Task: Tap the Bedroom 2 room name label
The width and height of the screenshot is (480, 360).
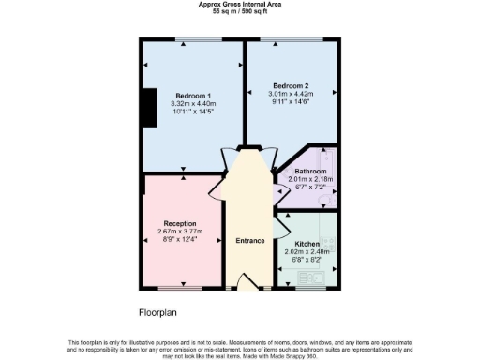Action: point(291,85)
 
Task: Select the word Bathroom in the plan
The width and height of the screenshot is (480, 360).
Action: point(310,172)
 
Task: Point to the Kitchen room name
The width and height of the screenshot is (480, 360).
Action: point(307,243)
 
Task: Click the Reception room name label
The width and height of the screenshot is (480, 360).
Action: point(179,223)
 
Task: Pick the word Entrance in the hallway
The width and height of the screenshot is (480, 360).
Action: point(249,240)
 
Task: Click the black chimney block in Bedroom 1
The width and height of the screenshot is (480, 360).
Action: point(147,108)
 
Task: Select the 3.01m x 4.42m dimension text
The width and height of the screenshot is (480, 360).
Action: point(291,94)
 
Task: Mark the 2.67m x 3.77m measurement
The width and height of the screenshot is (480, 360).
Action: point(179,232)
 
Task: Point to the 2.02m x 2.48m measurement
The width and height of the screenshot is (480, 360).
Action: point(307,251)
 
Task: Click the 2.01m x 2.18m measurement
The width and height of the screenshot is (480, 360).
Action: point(310,179)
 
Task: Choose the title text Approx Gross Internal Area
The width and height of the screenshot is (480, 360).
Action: point(239,4)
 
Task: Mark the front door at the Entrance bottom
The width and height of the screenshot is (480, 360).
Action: point(249,281)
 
